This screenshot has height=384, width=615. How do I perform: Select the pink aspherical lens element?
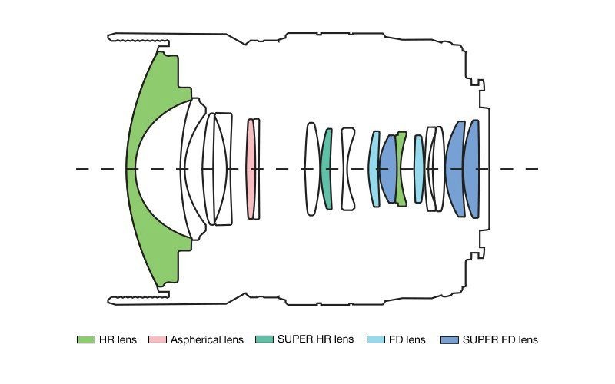250,169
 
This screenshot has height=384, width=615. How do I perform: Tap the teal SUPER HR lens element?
327,169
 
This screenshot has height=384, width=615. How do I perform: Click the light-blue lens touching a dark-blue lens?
374,169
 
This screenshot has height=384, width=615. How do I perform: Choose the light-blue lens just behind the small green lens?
418,169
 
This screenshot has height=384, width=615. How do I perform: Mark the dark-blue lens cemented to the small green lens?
388,169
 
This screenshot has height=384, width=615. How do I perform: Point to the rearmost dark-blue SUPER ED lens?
472,169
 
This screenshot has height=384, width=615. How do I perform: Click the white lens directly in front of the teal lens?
311,169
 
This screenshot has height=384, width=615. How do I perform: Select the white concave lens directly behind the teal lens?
348,169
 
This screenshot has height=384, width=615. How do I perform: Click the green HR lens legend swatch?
85,339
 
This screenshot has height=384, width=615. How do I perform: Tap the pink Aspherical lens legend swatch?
158,339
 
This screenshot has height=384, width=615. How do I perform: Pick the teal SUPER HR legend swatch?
264,339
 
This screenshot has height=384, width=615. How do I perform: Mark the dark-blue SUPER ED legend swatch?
450,339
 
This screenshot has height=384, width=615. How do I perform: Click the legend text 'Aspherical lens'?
207,339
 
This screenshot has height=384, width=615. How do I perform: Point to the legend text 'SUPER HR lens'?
316,339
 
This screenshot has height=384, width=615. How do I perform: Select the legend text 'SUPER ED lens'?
500,339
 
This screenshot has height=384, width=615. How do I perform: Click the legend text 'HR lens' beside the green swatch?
118,339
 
